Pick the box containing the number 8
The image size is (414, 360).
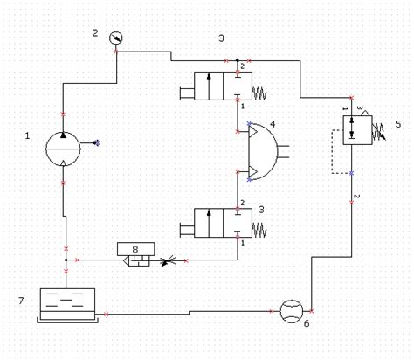(136, 249)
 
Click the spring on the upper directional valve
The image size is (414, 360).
(259, 93)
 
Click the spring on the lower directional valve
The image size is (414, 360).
(259, 230)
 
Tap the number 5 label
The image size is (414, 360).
(397, 124)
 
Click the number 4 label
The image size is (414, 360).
(273, 124)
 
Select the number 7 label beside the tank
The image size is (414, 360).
(21, 301)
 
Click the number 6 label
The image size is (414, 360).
(307, 323)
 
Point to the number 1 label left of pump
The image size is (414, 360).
(27, 135)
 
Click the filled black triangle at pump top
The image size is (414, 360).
(63, 135)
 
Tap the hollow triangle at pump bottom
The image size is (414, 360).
(63, 163)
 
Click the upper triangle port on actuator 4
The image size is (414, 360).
(252, 132)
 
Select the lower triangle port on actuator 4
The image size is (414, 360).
(252, 172)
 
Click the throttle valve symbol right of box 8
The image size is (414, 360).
(168, 260)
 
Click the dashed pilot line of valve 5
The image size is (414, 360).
(332, 151)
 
